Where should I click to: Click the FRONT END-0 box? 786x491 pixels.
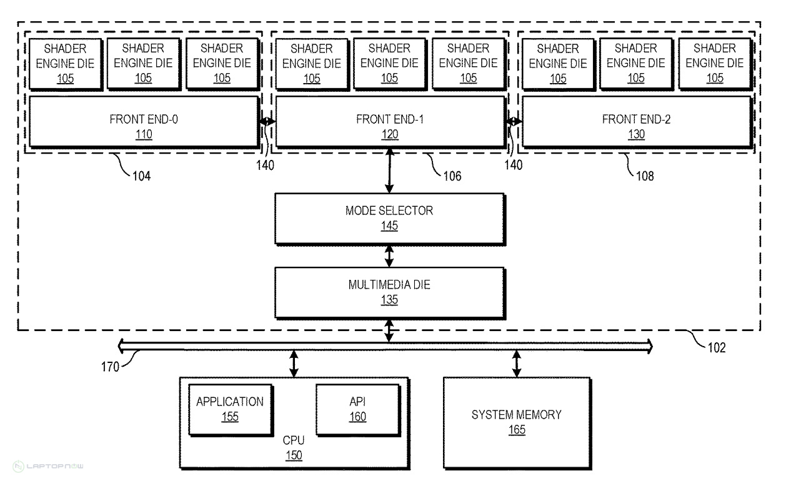pyautogui.click(x=144, y=121)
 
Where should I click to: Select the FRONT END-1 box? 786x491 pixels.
pyautogui.click(x=390, y=121)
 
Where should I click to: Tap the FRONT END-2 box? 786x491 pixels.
pyautogui.click(x=636, y=121)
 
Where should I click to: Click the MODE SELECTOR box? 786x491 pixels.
pyautogui.click(x=389, y=218)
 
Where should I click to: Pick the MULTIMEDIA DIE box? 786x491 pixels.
pyautogui.click(x=389, y=292)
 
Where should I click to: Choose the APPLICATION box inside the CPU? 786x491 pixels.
pyautogui.click(x=230, y=409)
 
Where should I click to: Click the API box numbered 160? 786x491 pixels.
pyautogui.click(x=357, y=409)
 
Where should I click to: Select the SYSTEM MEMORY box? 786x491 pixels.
pyautogui.click(x=517, y=422)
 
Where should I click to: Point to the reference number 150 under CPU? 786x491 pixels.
pyautogui.click(x=294, y=455)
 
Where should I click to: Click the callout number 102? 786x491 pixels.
pyautogui.click(x=717, y=348)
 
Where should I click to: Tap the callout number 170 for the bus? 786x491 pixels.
pyautogui.click(x=110, y=367)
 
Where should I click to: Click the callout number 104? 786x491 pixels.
pyautogui.click(x=141, y=176)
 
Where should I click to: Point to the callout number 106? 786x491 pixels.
pyautogui.click(x=452, y=176)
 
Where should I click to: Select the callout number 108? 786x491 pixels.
pyautogui.click(x=645, y=176)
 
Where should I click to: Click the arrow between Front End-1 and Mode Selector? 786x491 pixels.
pyautogui.click(x=389, y=171)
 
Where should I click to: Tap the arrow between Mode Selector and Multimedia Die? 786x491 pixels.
pyautogui.click(x=389, y=255)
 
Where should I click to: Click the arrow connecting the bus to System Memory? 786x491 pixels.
pyautogui.click(x=517, y=362)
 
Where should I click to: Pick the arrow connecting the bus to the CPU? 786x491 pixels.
pyautogui.click(x=294, y=362)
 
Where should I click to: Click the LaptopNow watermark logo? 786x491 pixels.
pyautogui.click(x=47, y=466)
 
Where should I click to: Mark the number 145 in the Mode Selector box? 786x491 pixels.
pyautogui.click(x=389, y=226)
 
